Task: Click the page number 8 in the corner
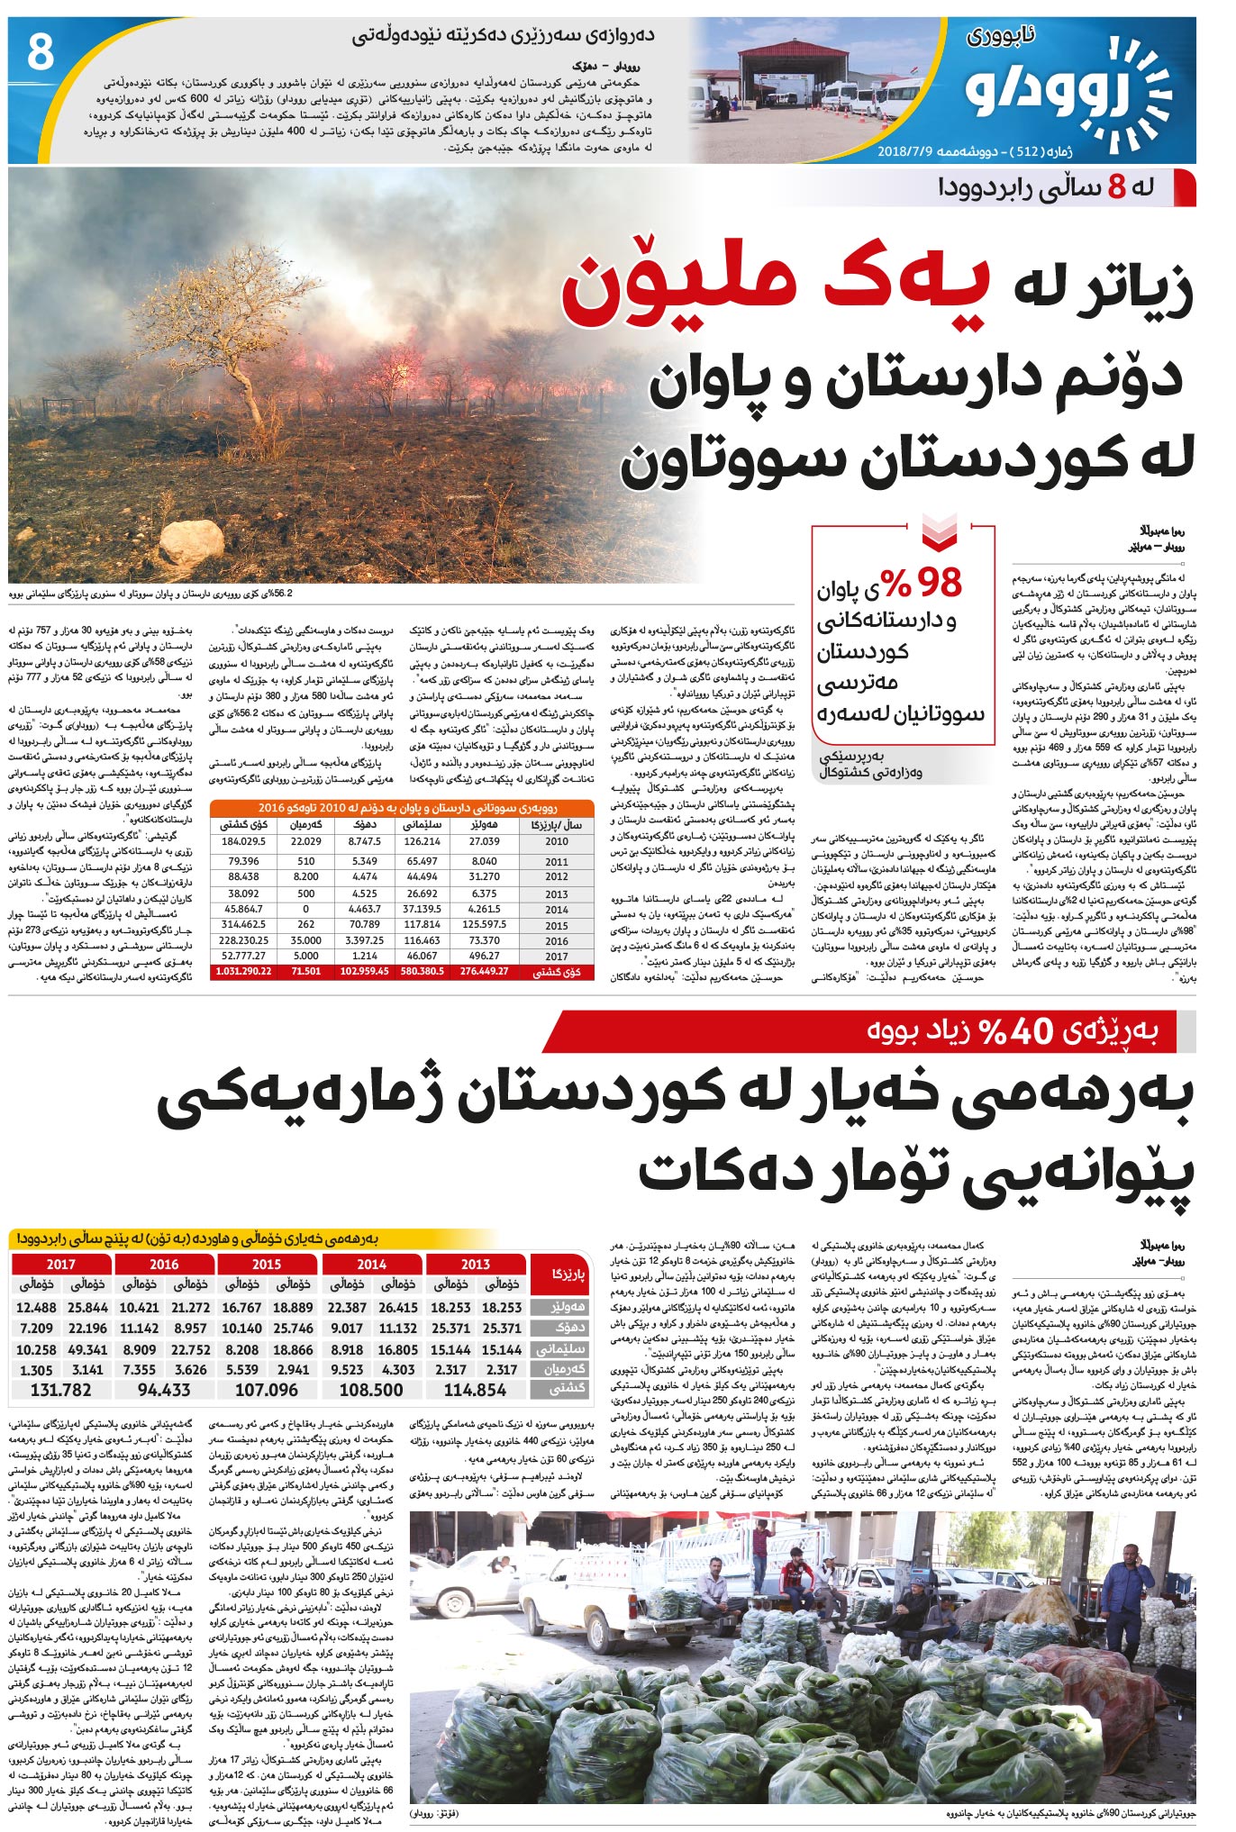(40, 52)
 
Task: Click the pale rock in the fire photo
(190, 543)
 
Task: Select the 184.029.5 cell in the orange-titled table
(243, 841)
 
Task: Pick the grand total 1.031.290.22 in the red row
(243, 972)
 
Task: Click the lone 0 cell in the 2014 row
(306, 910)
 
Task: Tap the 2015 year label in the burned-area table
(557, 926)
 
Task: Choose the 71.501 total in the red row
(306, 972)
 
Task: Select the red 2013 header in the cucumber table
(476, 1265)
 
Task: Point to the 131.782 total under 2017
(61, 1390)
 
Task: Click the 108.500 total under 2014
(371, 1390)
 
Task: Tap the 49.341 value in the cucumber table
(87, 1349)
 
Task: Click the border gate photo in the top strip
(793, 81)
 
